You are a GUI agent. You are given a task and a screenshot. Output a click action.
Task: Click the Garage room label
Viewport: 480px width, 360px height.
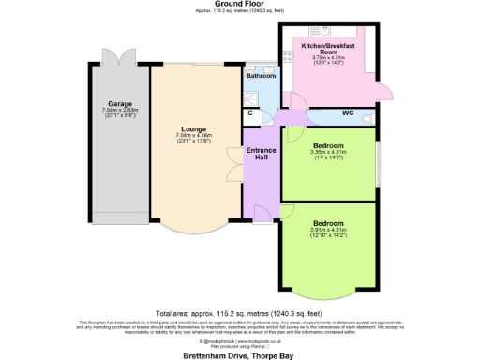[119, 103]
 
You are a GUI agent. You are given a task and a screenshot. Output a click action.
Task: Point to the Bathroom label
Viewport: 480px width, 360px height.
[262, 76]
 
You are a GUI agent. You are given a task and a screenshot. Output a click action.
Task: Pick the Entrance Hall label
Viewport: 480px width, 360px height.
[260, 155]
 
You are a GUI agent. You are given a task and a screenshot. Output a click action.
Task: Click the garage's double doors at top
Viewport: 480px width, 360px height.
[119, 55]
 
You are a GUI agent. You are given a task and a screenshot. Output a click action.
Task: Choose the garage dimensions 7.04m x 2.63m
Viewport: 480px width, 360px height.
[119, 112]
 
